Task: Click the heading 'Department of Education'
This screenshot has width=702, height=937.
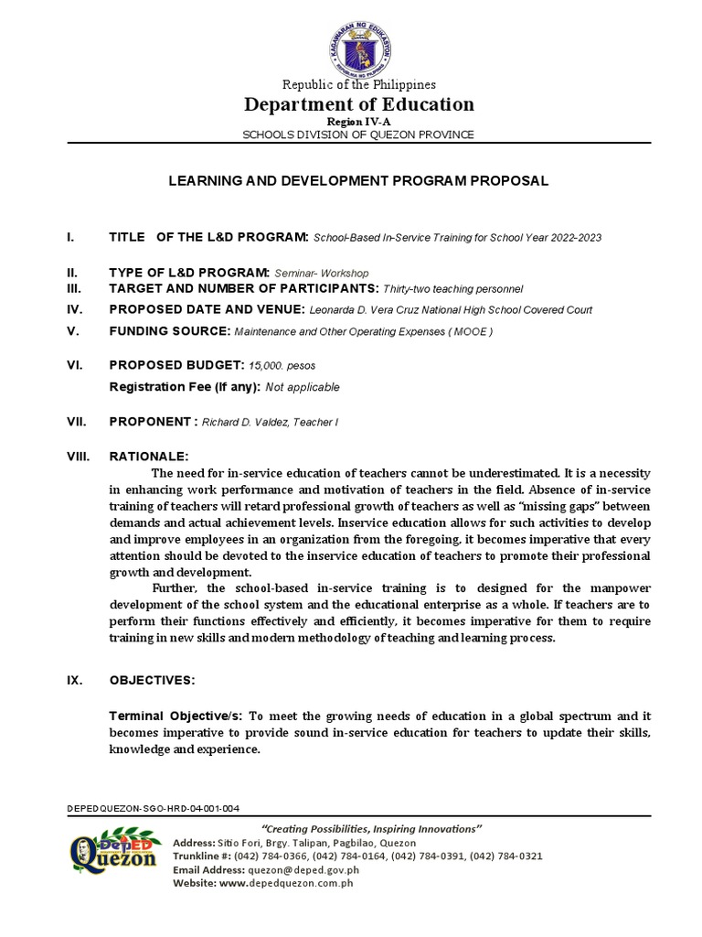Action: click(358, 104)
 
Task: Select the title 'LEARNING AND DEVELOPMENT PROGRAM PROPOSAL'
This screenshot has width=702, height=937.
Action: click(358, 181)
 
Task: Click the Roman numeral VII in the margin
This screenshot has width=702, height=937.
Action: click(76, 422)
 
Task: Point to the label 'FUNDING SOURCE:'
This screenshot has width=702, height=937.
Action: click(169, 331)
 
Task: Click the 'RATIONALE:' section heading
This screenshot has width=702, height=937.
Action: click(149, 456)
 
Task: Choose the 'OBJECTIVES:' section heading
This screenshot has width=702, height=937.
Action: click(152, 682)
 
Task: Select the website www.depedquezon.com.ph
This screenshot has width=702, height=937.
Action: click(287, 883)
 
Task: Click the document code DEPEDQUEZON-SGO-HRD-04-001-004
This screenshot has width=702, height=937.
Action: click(154, 810)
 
